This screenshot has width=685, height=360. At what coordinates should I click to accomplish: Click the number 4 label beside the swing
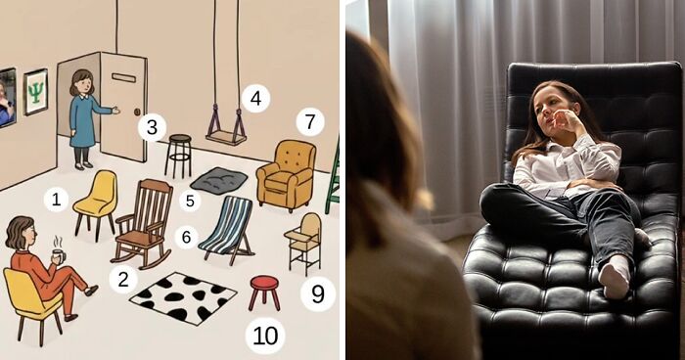255,98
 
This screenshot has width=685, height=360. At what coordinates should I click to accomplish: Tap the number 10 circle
265,336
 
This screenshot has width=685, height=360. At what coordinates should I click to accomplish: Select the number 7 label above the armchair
310,122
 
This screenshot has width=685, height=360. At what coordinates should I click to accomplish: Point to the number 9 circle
318,294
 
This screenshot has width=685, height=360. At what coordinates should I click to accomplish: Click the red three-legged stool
264,292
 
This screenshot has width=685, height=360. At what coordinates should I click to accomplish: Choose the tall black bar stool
178,156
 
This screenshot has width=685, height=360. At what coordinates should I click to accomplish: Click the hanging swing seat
226,139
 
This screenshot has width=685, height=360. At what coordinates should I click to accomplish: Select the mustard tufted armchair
287,175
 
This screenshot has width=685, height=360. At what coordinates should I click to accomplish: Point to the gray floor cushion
219,180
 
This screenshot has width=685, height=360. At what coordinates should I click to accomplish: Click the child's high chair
303,243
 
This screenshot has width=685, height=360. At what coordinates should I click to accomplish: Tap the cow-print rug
184,297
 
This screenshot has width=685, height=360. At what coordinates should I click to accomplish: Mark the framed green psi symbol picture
35,92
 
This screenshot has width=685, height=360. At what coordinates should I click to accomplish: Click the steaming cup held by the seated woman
59,255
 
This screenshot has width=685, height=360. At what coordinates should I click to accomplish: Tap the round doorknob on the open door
137,112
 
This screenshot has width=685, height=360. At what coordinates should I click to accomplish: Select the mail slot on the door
123,77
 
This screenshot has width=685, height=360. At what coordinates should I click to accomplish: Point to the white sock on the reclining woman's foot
615,277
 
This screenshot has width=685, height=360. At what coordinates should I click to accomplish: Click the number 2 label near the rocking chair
123,279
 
